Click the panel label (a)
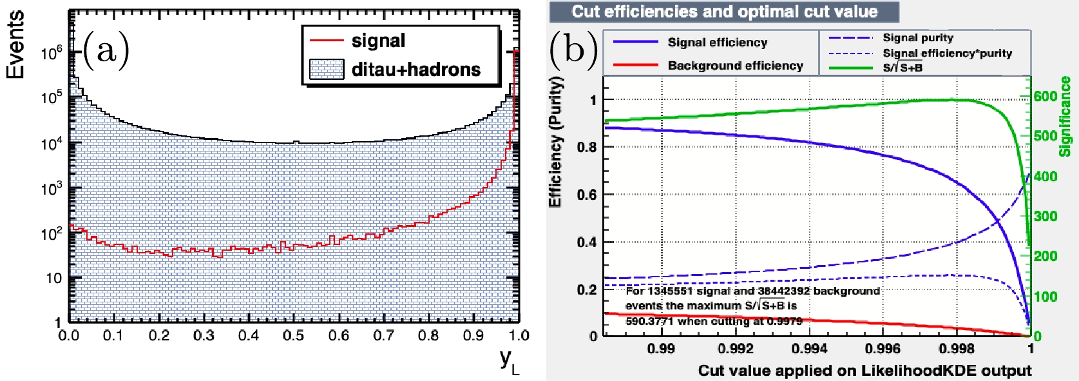tap(106, 50)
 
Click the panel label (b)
tap(574, 49)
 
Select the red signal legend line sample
tap(326, 41)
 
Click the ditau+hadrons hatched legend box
tap(326, 69)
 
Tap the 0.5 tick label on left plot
tap(293, 336)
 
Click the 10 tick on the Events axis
tap(54, 278)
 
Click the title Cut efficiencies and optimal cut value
tap(724, 12)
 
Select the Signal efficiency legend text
tap(717, 43)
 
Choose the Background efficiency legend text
tap(735, 66)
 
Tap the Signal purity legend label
tap(917, 38)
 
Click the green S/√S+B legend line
tap(850, 67)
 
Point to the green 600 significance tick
tap(1046, 96)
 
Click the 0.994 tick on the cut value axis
tap(809, 349)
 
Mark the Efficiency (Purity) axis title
tap(555, 142)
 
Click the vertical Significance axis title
tap(1065, 116)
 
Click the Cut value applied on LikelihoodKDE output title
tap(864, 371)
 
